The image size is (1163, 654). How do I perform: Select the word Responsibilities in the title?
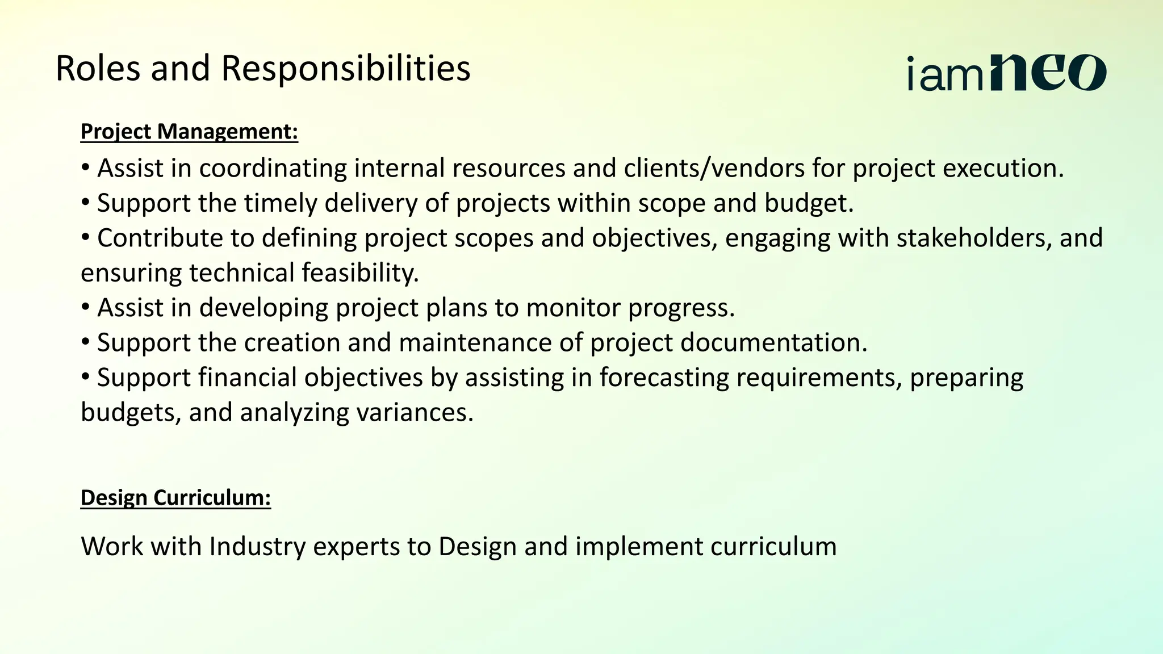(x=345, y=69)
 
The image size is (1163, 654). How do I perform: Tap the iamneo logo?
(x=1006, y=73)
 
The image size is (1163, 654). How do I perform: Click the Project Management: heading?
(x=189, y=132)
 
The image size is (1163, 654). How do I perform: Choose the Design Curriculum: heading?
(x=175, y=498)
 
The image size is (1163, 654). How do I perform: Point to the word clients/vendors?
(x=714, y=169)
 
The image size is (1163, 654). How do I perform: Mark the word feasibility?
(x=360, y=273)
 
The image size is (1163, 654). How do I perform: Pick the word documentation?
(x=773, y=343)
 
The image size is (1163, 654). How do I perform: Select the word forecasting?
(x=664, y=378)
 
